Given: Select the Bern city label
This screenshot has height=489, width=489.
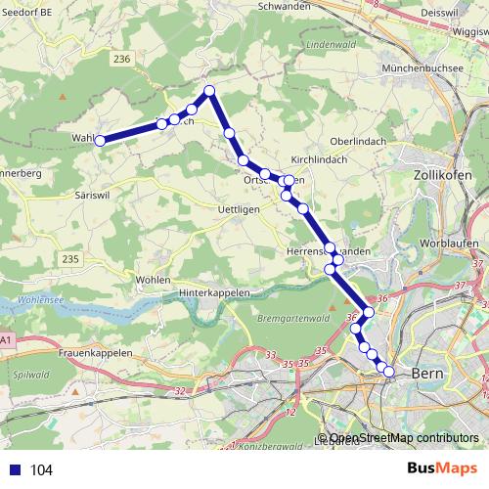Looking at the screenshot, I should pyautogui.click(x=430, y=373).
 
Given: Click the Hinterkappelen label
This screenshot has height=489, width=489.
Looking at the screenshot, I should pyautogui.click(x=214, y=292).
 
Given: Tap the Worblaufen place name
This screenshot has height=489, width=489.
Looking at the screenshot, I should pyautogui.click(x=446, y=241).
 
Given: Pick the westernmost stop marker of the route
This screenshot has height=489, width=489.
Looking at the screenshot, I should pyautogui.click(x=100, y=141).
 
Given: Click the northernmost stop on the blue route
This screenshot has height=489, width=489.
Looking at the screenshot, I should pyautogui.click(x=208, y=92).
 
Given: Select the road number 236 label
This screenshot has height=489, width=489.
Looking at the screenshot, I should pyautogui.click(x=121, y=60).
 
